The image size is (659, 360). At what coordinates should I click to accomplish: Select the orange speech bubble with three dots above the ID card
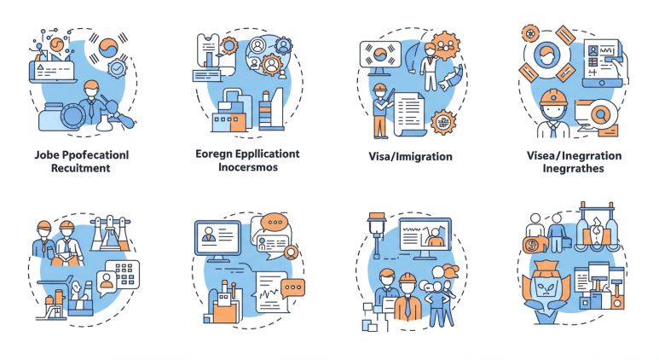275,224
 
